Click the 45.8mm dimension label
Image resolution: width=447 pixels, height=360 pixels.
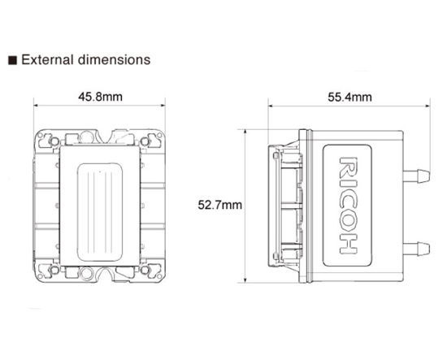pyautogui.click(x=100, y=97)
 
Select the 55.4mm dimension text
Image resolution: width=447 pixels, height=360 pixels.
pyautogui.click(x=349, y=97)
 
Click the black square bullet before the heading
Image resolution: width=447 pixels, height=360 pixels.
pyautogui.click(x=12, y=60)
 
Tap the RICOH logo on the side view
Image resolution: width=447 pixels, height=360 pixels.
pyautogui.click(x=348, y=205)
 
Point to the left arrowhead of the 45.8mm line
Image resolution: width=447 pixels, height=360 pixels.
pyautogui.click(x=37, y=106)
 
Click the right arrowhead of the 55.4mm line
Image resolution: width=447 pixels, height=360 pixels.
pyautogui.click(x=427, y=106)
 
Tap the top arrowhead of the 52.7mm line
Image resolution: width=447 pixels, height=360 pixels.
pyautogui.click(x=249, y=130)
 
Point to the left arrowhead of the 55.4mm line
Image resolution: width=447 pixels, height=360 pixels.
pyautogui.click(x=272, y=106)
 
